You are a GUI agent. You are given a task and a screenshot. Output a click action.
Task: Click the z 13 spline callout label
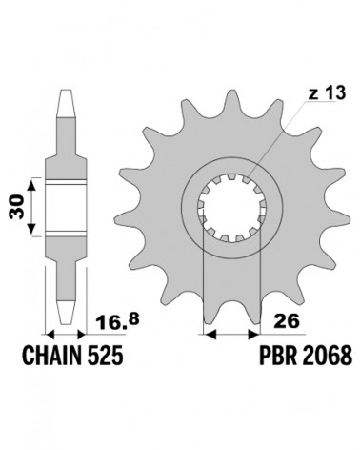[x=327, y=93]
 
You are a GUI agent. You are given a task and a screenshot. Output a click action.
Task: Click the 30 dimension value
[x=17, y=207]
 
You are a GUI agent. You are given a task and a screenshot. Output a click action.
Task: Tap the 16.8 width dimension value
[x=117, y=321]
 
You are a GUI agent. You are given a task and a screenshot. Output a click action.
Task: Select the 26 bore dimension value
[x=286, y=321]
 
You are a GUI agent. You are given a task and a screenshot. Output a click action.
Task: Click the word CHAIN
[x=52, y=355]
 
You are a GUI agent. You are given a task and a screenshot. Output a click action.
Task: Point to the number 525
[x=105, y=355]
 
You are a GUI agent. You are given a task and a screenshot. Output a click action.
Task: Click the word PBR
[x=278, y=355]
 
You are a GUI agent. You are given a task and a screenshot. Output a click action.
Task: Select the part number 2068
[x=328, y=355]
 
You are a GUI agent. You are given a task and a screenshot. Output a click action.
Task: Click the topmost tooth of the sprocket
[x=231, y=98]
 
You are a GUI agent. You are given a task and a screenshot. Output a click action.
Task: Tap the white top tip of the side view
[x=66, y=104]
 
